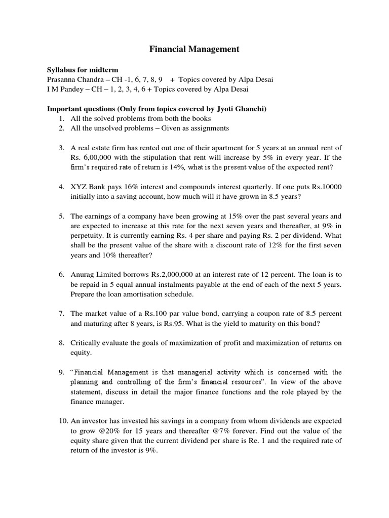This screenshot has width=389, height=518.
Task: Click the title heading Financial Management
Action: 194,49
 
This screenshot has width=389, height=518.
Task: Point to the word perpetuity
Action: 90,235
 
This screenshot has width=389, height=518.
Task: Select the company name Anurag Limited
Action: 96,275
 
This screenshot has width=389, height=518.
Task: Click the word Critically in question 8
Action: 86,343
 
